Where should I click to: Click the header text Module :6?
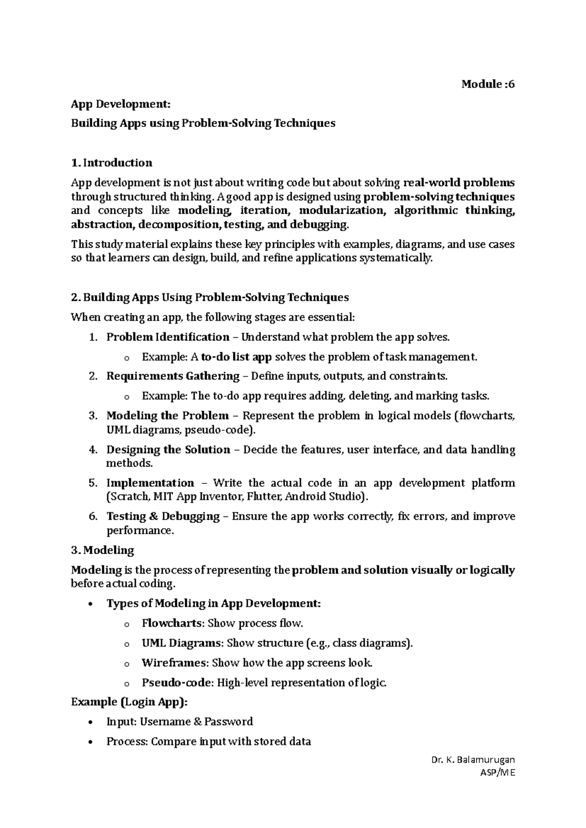488,84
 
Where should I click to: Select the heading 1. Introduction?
111,163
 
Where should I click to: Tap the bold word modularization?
341,210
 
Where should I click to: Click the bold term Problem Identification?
167,337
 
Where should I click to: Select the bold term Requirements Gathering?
173,376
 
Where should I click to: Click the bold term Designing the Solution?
168,450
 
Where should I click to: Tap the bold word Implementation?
150,483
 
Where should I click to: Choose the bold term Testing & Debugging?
163,516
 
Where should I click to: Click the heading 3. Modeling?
102,550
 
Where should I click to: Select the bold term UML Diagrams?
181,643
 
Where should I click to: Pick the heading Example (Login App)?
129,702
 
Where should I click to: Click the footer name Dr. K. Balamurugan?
473,760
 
